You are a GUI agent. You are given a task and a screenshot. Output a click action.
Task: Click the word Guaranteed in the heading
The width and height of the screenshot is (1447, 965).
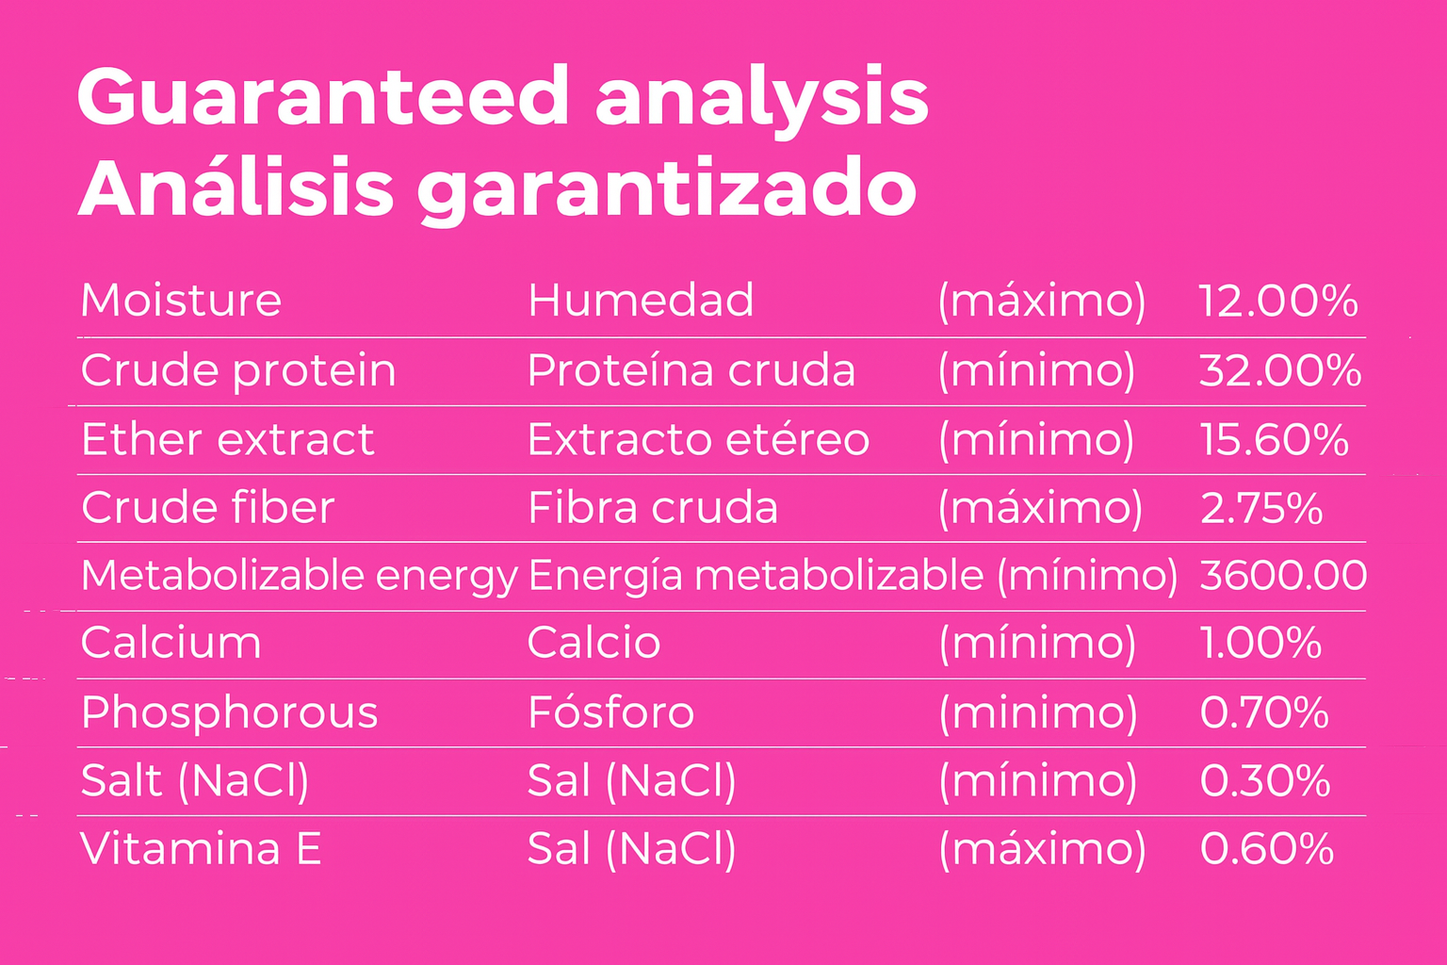click(322, 96)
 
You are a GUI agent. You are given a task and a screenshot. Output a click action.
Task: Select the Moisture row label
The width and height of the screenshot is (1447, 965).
click(181, 301)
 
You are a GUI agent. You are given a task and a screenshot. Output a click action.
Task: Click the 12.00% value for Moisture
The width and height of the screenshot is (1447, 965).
click(1278, 302)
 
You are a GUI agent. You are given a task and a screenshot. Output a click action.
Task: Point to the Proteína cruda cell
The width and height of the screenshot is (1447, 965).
click(691, 370)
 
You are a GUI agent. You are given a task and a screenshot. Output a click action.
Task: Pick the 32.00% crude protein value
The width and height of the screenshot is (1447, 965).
click(1280, 371)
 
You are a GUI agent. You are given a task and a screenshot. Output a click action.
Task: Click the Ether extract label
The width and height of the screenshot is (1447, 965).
click(227, 439)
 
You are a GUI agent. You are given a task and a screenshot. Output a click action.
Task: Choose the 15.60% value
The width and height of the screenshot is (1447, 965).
click(1274, 440)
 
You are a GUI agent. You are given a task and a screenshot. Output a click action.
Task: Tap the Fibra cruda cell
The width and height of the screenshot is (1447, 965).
click(653, 507)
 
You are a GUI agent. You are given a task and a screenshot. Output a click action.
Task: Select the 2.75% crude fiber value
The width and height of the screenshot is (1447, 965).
click(1261, 508)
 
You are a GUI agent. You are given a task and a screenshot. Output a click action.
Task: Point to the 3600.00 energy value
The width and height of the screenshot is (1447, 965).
click(1284, 576)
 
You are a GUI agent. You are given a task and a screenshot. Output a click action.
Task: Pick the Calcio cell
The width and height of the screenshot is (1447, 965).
click(593, 643)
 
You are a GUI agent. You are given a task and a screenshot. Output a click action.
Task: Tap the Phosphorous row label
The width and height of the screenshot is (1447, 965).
click(229, 713)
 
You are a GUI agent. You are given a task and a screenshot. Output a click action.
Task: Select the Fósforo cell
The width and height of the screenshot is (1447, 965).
click(611, 712)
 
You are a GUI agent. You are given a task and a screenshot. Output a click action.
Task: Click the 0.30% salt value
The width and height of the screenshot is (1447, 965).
click(1265, 781)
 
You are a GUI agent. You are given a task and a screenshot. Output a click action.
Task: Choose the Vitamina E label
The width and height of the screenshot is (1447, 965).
click(201, 849)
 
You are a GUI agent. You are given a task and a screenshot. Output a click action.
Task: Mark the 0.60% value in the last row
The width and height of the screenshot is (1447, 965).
click(1267, 849)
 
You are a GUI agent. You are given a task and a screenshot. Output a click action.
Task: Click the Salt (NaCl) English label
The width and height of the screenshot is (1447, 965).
click(195, 781)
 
